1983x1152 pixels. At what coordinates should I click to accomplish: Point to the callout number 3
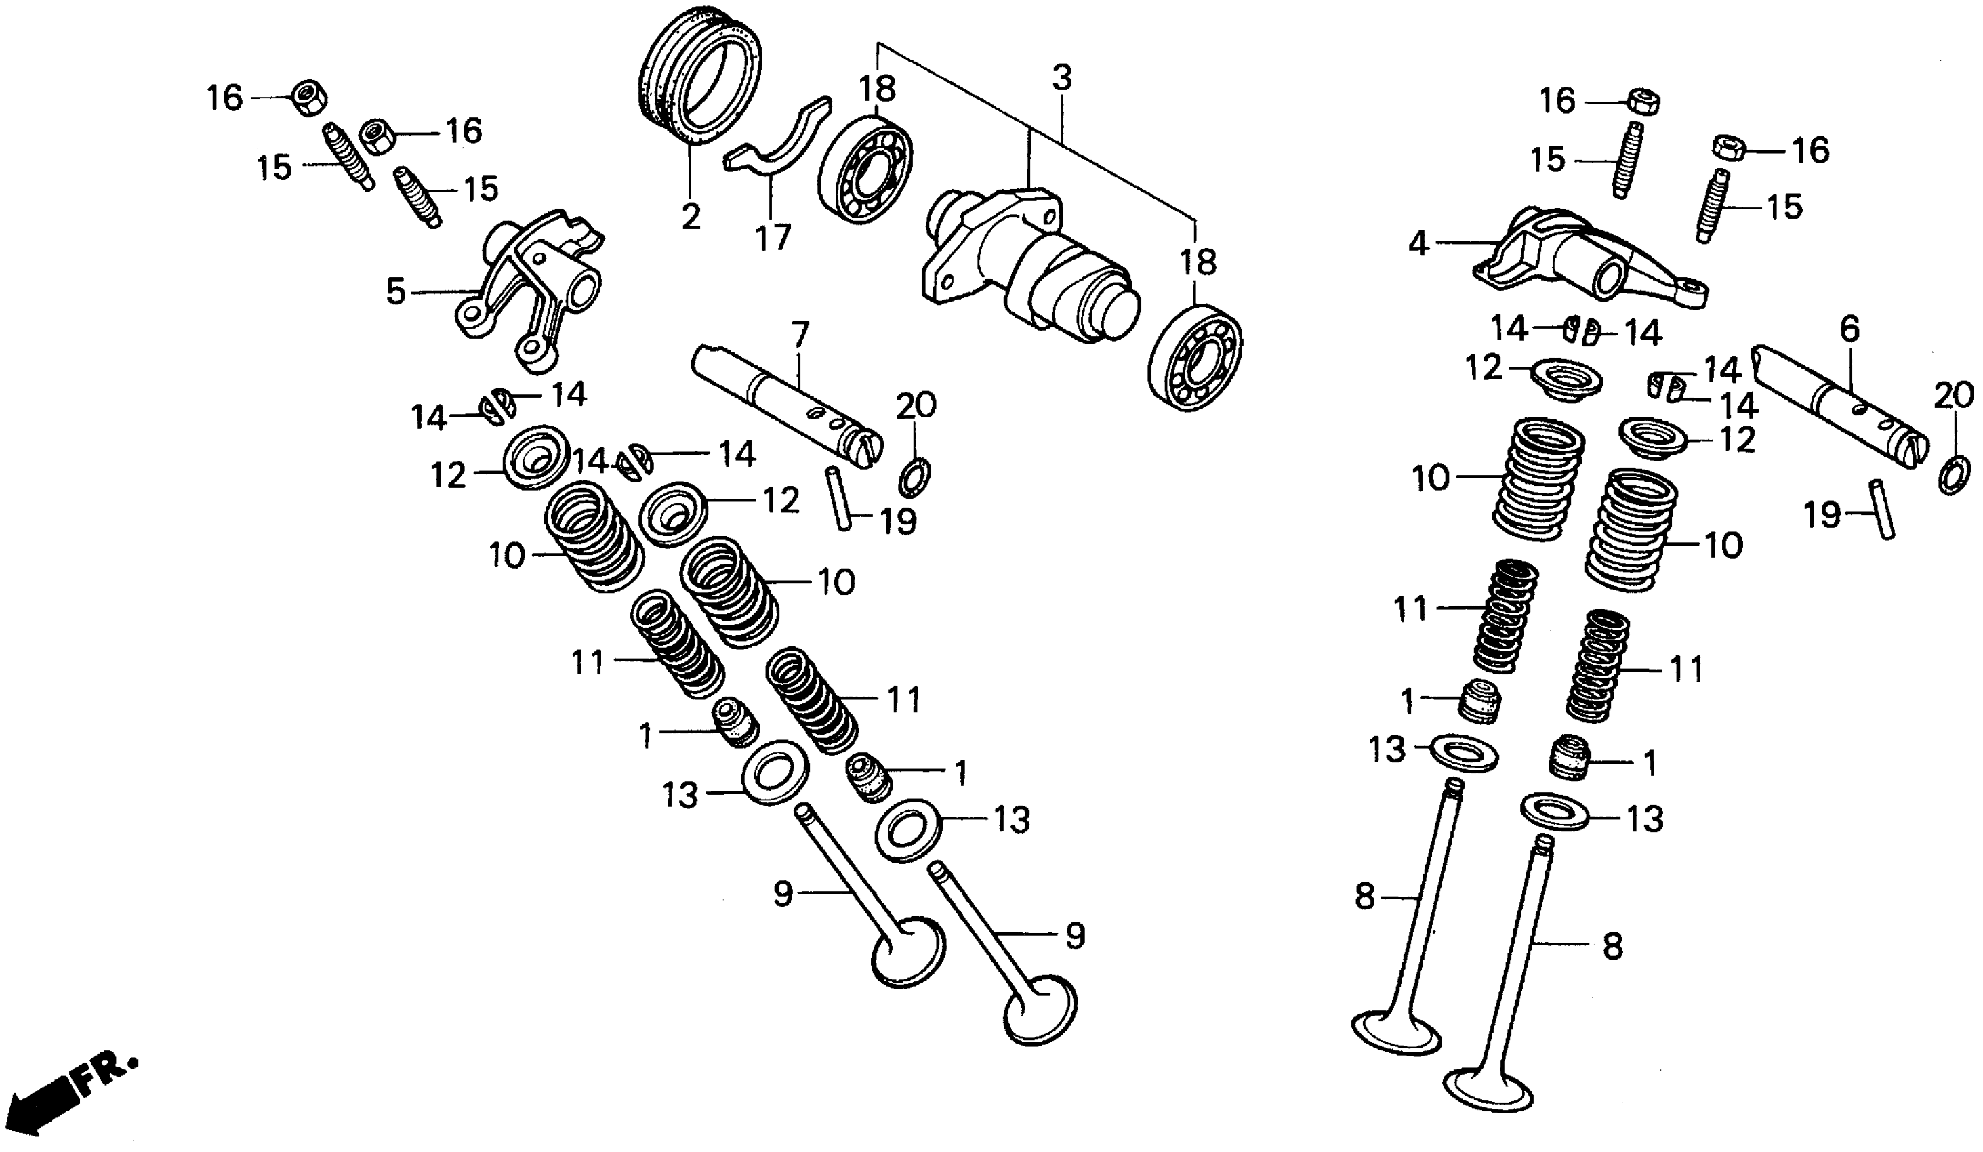point(1061,79)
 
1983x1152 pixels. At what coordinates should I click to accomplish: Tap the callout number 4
point(1418,245)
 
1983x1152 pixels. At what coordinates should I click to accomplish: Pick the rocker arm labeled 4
point(1589,260)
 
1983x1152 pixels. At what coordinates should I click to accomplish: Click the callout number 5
point(396,292)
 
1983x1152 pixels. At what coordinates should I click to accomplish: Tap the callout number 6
point(1849,329)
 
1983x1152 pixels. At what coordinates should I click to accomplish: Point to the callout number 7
point(800,335)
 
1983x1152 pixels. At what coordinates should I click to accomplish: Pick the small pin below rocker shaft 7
point(838,499)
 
